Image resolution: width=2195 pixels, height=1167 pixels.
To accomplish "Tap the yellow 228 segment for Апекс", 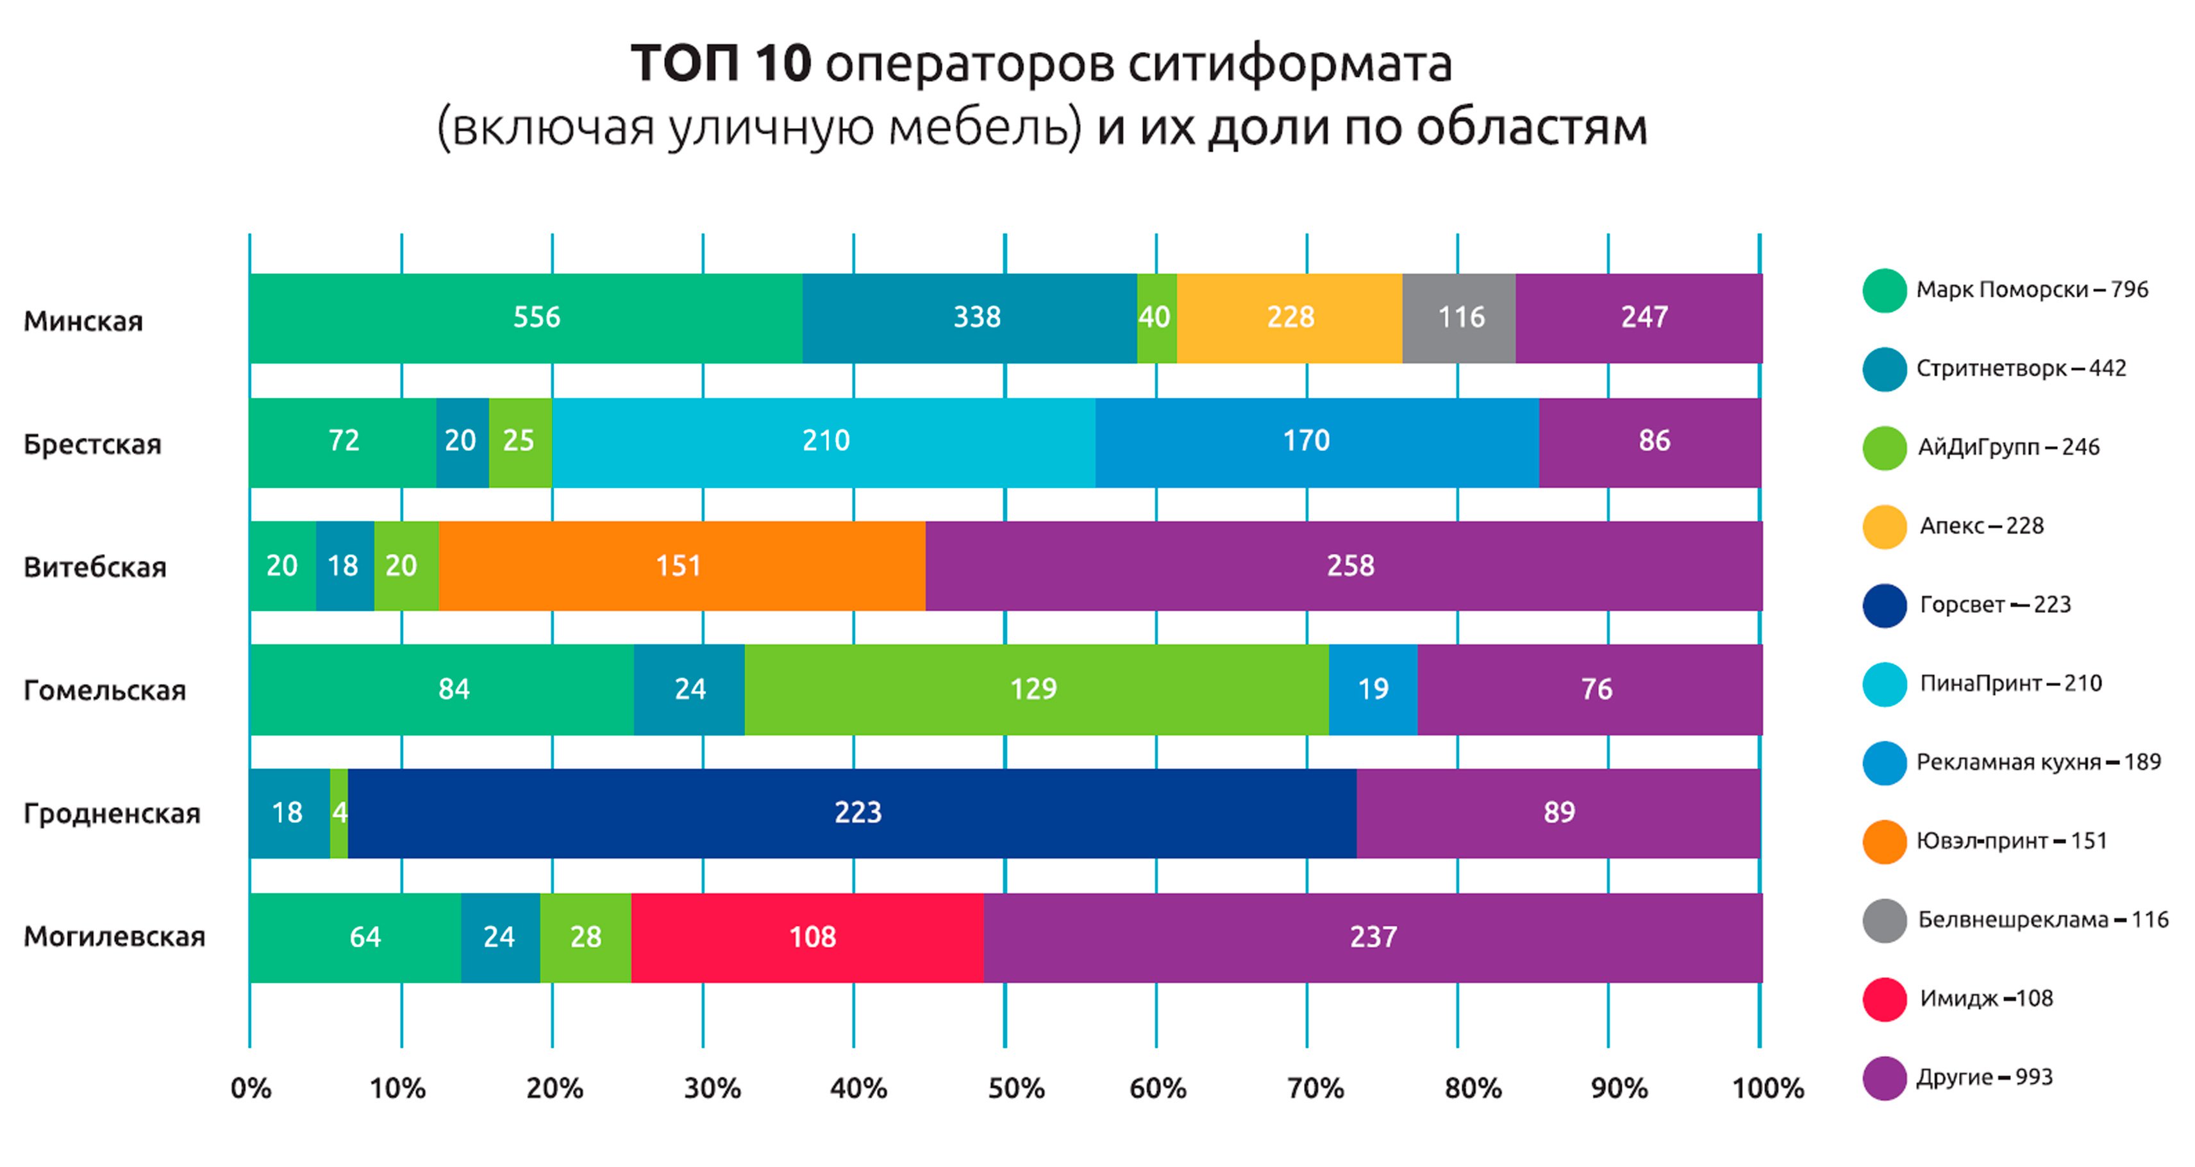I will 1289,318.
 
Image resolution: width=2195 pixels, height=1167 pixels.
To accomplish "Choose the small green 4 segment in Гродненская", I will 339,812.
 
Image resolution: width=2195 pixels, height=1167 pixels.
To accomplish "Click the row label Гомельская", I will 104,690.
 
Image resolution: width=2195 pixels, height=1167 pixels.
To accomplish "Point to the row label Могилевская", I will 114,936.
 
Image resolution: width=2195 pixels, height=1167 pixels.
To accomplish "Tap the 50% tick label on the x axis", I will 1015,1089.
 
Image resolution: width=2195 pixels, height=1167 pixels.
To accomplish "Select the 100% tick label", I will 1768,1089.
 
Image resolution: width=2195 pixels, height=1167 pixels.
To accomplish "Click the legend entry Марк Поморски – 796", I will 2032,290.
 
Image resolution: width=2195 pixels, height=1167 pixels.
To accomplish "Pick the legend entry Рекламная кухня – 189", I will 2038,762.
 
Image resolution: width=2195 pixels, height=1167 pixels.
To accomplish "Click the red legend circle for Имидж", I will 1884,999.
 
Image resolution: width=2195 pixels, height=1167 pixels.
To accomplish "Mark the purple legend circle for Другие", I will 1884,1079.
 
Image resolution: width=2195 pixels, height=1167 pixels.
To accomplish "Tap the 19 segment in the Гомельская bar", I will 1373,689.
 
